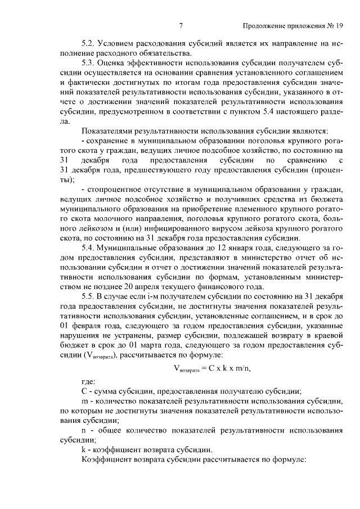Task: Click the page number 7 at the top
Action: (181, 26)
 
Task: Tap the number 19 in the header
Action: (339, 26)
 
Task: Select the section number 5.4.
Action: (88, 248)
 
